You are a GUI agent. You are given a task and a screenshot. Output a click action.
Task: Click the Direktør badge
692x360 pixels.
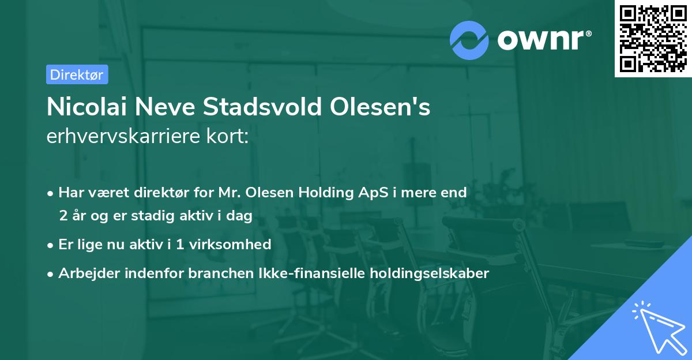77,74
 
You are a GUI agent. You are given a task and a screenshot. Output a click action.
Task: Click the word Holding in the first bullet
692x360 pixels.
322,193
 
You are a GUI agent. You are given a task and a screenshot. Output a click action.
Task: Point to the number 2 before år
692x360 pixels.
63,216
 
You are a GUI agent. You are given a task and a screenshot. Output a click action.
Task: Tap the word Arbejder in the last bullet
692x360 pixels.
86,273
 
